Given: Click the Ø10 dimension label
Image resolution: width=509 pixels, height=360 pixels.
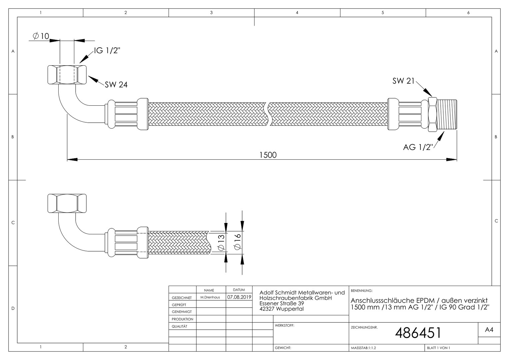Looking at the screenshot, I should click(x=41, y=36).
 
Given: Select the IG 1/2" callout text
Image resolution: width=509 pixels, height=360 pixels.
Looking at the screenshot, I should click(x=107, y=51).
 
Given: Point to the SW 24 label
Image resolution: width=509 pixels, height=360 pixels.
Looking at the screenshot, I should click(x=116, y=85).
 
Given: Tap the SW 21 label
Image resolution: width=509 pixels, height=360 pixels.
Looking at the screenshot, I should click(x=403, y=81).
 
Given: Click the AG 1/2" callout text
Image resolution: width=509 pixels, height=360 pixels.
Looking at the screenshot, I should click(x=418, y=147).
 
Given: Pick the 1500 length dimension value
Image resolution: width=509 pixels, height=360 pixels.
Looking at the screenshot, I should click(x=268, y=155).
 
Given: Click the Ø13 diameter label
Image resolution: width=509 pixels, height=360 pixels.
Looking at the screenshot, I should click(x=221, y=243).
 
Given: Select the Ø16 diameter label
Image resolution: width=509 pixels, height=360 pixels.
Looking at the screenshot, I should click(x=238, y=241).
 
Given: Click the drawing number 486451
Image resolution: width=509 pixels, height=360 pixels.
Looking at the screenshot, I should click(x=418, y=333).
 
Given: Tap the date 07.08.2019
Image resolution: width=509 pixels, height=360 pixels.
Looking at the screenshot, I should click(x=239, y=297).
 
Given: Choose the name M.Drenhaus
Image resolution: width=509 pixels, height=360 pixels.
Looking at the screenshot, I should click(x=210, y=297).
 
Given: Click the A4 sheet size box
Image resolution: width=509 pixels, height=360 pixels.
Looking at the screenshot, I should click(x=489, y=330).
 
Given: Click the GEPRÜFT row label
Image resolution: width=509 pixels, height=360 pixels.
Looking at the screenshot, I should click(x=179, y=305).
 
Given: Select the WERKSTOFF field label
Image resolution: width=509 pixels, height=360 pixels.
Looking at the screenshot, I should click(x=284, y=326).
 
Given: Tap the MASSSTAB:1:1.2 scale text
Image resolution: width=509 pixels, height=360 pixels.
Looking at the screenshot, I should click(x=363, y=348).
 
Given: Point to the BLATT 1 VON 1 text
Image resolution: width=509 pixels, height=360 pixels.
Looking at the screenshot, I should click(x=438, y=348).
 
